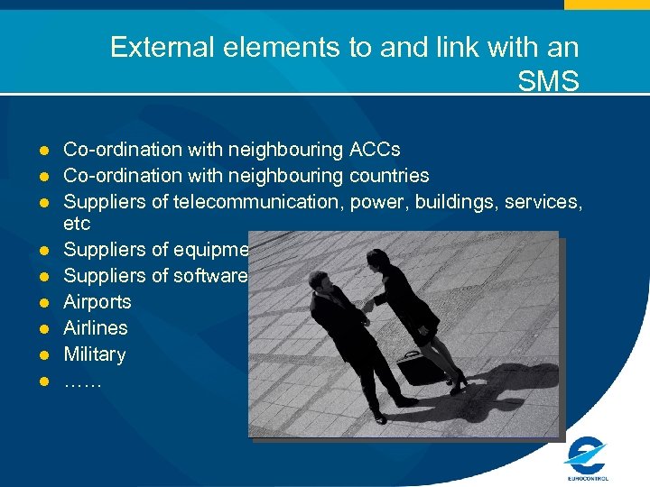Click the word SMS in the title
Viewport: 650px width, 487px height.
(548, 82)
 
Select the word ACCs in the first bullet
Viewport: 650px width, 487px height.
(376, 149)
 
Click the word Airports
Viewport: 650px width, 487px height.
(97, 302)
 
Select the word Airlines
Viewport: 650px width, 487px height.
(95, 328)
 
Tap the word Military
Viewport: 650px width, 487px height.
(94, 354)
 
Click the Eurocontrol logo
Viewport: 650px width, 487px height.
(587, 455)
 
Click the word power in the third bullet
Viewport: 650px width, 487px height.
(372, 201)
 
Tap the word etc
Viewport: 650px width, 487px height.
(77, 224)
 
